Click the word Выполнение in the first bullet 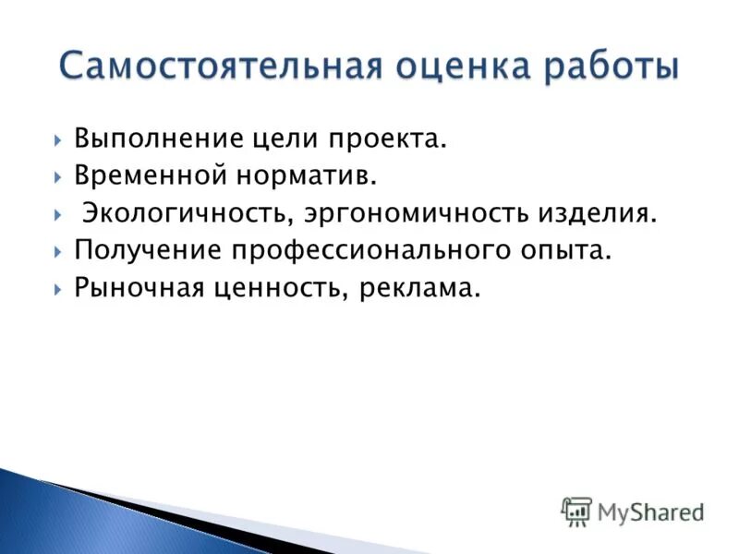[158, 139]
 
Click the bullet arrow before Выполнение [57, 140]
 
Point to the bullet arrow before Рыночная [57, 288]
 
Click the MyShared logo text [650, 511]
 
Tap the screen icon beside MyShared [576, 511]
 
